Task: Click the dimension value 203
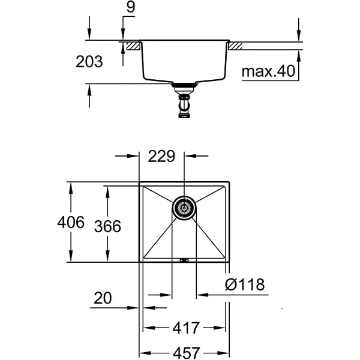[x=90, y=61]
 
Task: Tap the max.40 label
[x=269, y=73]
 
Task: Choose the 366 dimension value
[x=108, y=226]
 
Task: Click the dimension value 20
[x=103, y=298]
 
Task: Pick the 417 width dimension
[x=185, y=328]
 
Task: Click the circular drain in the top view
[x=184, y=208]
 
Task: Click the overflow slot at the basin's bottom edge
[x=184, y=260]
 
